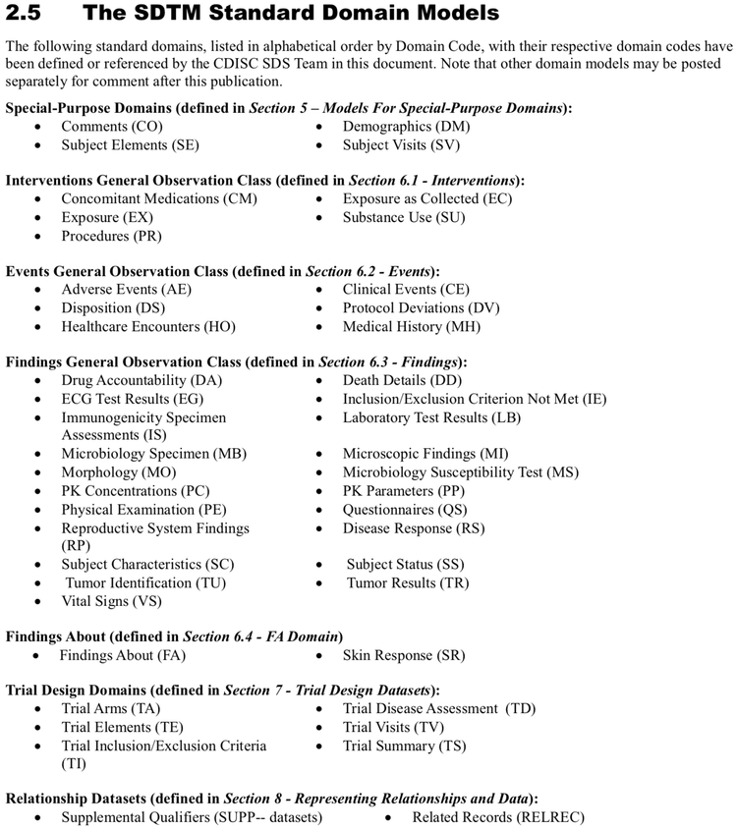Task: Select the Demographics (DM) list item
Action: click(x=406, y=127)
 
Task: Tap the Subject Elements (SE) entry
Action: click(x=130, y=145)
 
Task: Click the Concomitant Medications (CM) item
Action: click(x=159, y=198)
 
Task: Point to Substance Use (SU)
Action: click(x=404, y=217)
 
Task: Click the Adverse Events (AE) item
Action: click(x=126, y=290)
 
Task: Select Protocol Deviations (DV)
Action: click(x=421, y=308)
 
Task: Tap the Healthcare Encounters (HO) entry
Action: click(x=148, y=327)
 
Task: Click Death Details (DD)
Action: click(x=402, y=380)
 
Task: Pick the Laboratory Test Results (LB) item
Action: click(x=431, y=417)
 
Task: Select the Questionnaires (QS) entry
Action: click(x=405, y=510)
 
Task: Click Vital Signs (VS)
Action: click(x=111, y=601)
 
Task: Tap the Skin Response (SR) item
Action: click(x=404, y=655)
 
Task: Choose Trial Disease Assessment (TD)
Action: click(x=439, y=708)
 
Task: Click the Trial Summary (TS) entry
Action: click(x=404, y=746)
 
